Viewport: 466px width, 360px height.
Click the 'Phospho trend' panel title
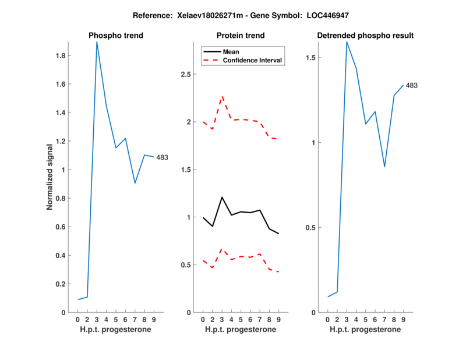coord(116,36)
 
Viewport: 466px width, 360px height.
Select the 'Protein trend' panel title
coord(241,36)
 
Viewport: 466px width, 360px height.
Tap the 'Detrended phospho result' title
coord(365,36)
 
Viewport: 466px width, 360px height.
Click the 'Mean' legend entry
coord(231,51)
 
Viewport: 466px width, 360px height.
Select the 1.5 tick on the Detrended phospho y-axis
coord(311,58)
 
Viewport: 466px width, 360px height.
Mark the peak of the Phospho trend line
coord(97,42)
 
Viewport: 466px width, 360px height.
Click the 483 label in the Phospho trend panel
coord(162,157)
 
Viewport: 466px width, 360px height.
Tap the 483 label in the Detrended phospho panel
coord(411,86)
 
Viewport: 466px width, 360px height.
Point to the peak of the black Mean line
coord(221,197)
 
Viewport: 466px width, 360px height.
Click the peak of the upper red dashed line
coord(222,97)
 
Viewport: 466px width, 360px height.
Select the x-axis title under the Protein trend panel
coord(241,330)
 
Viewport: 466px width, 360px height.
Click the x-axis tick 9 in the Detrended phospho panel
coord(403,320)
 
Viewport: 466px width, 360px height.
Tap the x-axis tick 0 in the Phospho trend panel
coord(78,320)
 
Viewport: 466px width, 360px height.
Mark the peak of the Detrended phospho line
coord(347,41)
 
